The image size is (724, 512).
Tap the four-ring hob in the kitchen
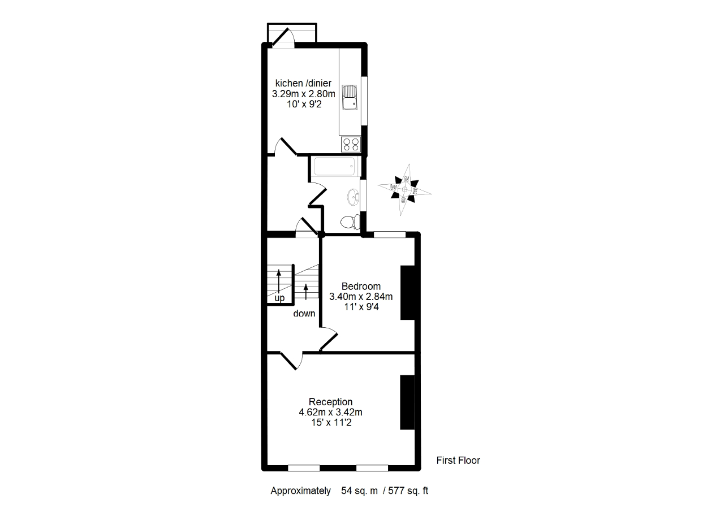351,144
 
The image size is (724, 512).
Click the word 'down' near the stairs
304,314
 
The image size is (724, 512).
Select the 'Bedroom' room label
361,287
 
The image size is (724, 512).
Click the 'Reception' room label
331,402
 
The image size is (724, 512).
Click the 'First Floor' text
458,461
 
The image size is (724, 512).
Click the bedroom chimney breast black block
407,293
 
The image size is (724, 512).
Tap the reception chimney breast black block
407,402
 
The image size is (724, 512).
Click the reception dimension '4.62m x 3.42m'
331,412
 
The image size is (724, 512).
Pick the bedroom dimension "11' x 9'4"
361,307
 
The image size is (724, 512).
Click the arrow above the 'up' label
279,280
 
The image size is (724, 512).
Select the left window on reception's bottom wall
304,467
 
